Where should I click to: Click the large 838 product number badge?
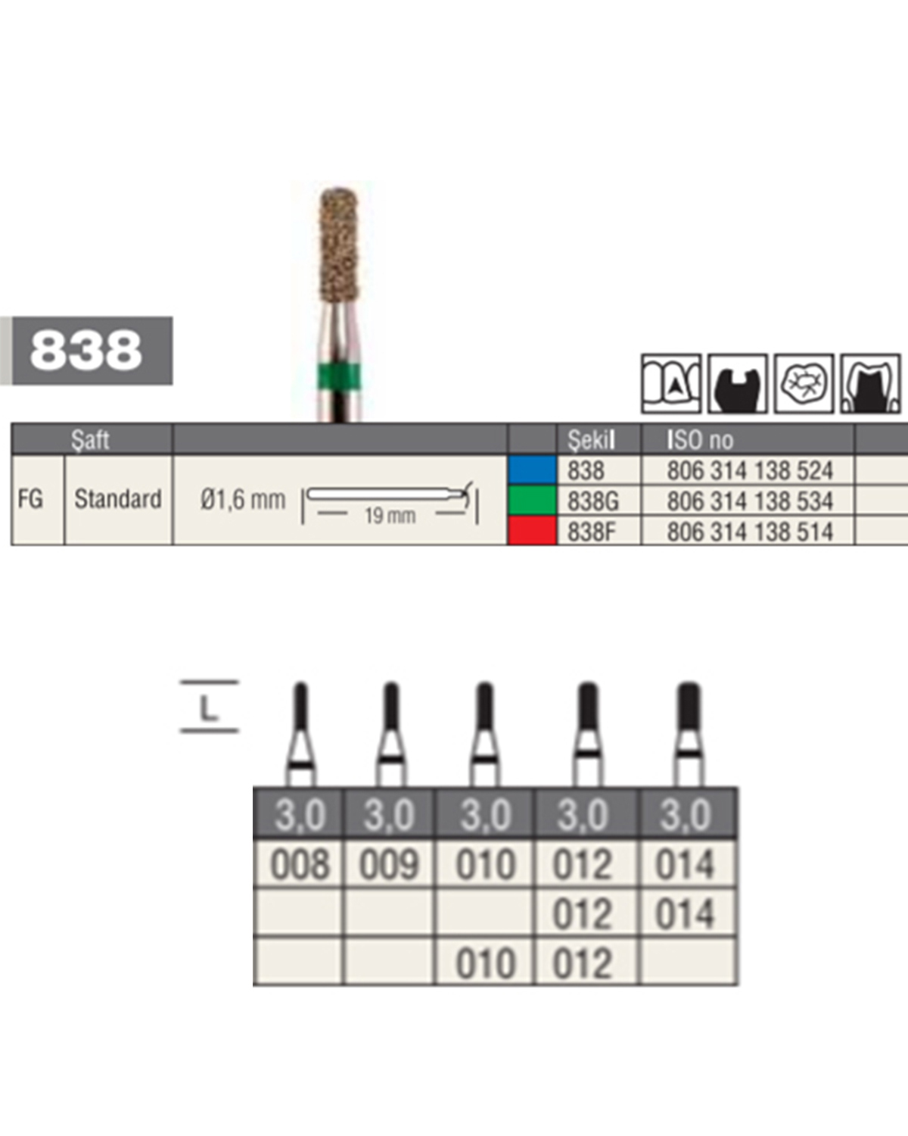[x=92, y=351]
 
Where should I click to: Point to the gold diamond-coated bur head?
[x=339, y=245]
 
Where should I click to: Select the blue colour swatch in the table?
[x=533, y=470]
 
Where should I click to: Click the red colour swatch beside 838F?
[x=533, y=530]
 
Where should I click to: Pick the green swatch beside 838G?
[x=533, y=500]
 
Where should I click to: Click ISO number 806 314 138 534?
[x=750, y=501]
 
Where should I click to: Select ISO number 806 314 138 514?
[x=750, y=532]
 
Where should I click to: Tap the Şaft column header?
[x=90, y=440]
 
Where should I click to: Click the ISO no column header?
[x=700, y=440]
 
